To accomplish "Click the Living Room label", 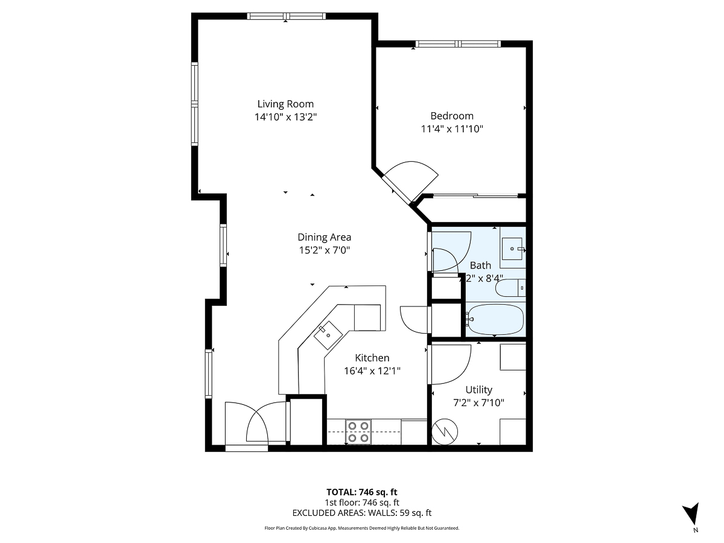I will tap(285, 104).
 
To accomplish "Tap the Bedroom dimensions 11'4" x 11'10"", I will tap(452, 129).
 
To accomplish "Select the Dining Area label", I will tap(324, 237).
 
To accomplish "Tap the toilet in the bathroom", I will tap(510, 288).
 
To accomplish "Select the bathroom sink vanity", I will tap(513, 248).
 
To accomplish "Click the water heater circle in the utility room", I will tap(445, 431).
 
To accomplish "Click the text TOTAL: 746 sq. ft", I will tap(362, 492).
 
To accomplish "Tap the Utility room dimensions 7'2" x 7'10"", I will tap(478, 402).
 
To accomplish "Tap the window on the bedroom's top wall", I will tap(458, 43).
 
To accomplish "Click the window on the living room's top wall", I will tap(287, 16).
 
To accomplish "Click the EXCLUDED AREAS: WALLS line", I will tap(362, 513).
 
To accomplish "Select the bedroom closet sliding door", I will tap(475, 195).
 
